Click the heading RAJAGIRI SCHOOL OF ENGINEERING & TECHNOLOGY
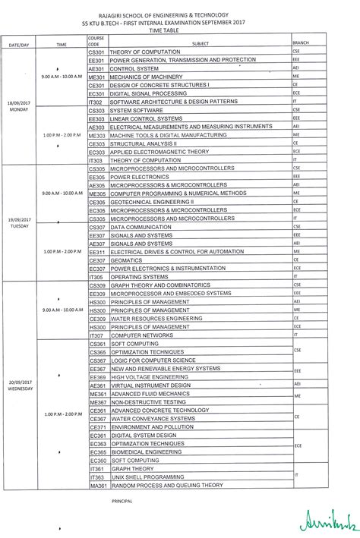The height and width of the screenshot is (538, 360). tap(179, 10)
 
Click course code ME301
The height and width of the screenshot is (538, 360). tap(96, 77)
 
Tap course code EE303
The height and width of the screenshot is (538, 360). tap(96, 118)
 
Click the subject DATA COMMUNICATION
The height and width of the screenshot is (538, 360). tap(142, 227)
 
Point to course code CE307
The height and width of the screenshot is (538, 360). tap(96, 260)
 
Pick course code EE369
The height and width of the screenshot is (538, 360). tap(96, 377)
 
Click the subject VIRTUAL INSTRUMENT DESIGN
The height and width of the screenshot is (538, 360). tap(150, 385)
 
